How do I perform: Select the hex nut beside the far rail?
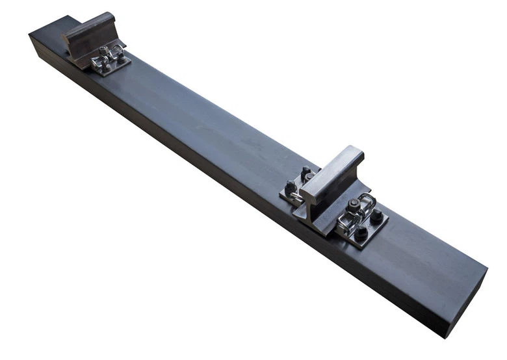click(x=104, y=49)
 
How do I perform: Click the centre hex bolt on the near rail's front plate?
click(x=354, y=205)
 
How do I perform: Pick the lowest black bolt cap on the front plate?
click(x=359, y=233)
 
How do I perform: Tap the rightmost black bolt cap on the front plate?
click(x=376, y=217)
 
